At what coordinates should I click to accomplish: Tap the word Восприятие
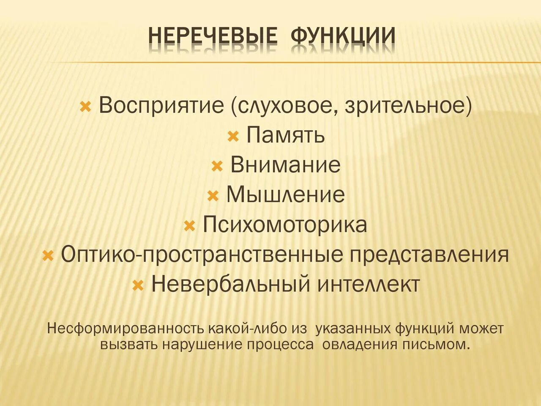click(161, 105)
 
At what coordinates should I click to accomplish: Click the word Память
click(286, 135)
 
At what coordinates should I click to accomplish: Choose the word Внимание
click(285, 165)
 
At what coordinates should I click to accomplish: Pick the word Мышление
click(286, 195)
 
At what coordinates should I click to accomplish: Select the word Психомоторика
click(285, 225)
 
